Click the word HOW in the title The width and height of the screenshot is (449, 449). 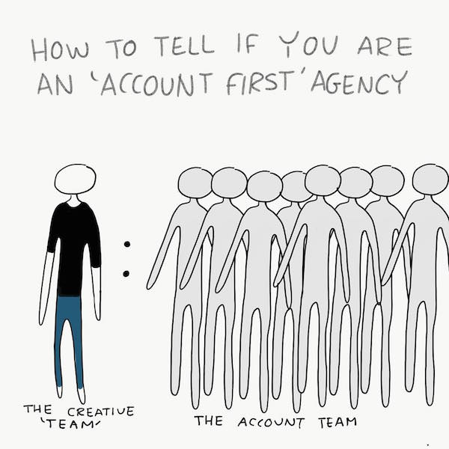click(x=60, y=50)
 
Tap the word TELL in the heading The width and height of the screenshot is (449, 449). click(x=184, y=46)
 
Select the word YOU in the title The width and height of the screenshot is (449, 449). click(x=308, y=44)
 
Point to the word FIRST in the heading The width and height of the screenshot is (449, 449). click(x=259, y=83)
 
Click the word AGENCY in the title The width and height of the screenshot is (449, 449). click(x=359, y=82)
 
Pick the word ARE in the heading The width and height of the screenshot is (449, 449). click(x=385, y=46)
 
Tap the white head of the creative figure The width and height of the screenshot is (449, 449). click(x=76, y=180)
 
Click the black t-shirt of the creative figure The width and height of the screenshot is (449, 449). click(x=74, y=246)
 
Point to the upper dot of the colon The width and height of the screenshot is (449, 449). click(x=127, y=244)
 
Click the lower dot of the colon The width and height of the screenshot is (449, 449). click(x=126, y=274)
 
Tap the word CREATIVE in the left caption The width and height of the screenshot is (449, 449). click(x=101, y=412)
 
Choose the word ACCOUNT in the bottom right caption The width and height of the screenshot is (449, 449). click(x=271, y=423)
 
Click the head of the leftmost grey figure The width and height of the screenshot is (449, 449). click(x=195, y=183)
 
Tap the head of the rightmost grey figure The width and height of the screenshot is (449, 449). click(x=430, y=180)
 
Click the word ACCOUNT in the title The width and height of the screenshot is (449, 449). click(x=156, y=84)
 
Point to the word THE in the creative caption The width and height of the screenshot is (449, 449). click(x=37, y=409)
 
